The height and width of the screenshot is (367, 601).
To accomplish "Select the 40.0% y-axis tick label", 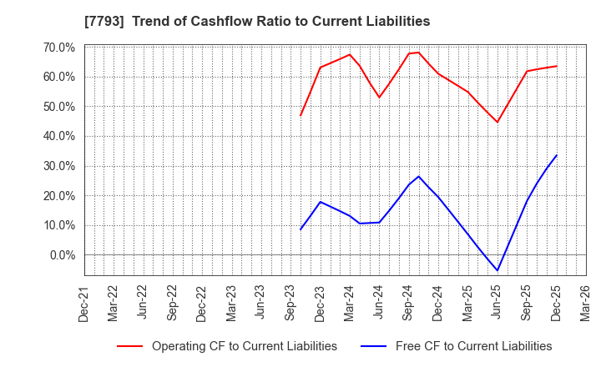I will pyautogui.click(x=57, y=136).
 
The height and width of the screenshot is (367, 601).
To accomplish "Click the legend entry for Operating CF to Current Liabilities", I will pyautogui.click(x=227, y=346).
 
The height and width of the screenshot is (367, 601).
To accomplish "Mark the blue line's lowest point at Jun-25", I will pyautogui.click(x=497, y=270).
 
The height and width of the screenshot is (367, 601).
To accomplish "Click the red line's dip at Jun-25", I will pyautogui.click(x=497, y=123).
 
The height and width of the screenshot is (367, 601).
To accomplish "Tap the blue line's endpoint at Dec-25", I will pyautogui.click(x=557, y=155).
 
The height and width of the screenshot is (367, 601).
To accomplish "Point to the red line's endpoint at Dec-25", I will pyautogui.click(x=557, y=66).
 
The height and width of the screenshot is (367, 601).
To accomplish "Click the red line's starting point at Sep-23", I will pyautogui.click(x=300, y=115).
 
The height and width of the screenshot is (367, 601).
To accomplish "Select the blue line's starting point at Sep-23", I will pyautogui.click(x=300, y=229).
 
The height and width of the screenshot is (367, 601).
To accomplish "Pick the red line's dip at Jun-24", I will pyautogui.click(x=379, y=98).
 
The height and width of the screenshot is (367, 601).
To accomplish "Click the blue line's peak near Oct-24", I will pyautogui.click(x=419, y=176).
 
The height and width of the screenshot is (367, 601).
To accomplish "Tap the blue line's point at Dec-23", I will pyautogui.click(x=321, y=202).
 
